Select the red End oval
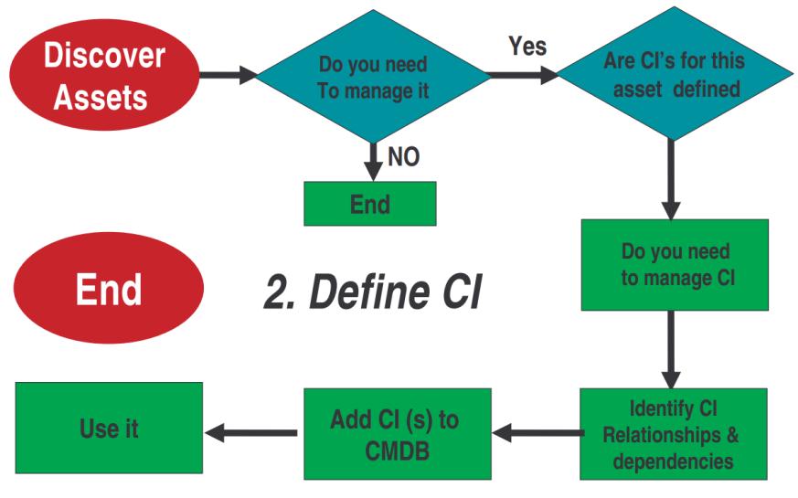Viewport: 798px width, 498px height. [108, 288]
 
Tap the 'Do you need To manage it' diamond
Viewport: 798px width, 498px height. [372, 78]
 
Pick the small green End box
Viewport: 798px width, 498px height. [370, 203]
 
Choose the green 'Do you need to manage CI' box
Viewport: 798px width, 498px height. [675, 265]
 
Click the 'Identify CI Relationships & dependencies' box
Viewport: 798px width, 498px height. [674, 434]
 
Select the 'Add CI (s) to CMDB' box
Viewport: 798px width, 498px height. [396, 434]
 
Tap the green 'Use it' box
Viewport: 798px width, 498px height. [109, 429]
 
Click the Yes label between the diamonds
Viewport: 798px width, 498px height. [527, 47]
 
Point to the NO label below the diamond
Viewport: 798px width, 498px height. [403, 157]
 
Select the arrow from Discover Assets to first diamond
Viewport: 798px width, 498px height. [229, 75]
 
